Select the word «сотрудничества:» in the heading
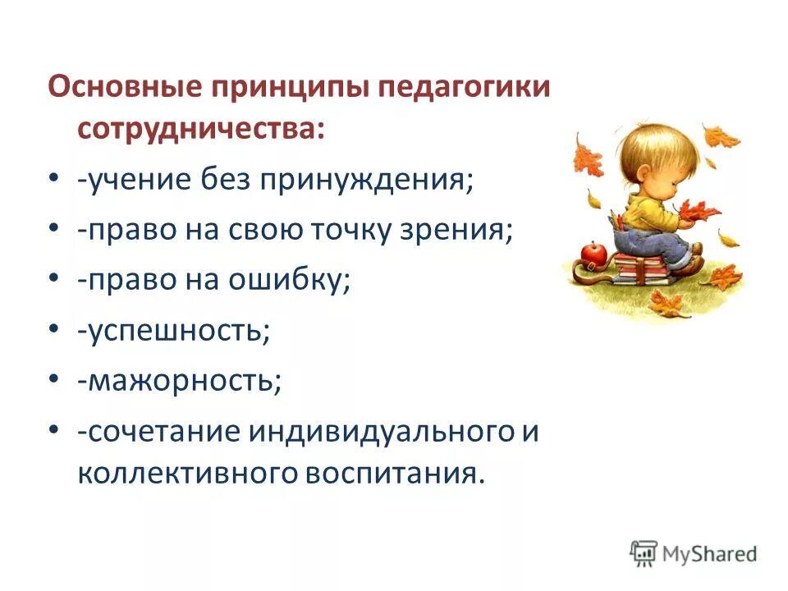pyautogui.click(x=202, y=128)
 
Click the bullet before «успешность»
pyautogui.click(x=53, y=328)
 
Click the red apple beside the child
pyautogui.click(x=593, y=251)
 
